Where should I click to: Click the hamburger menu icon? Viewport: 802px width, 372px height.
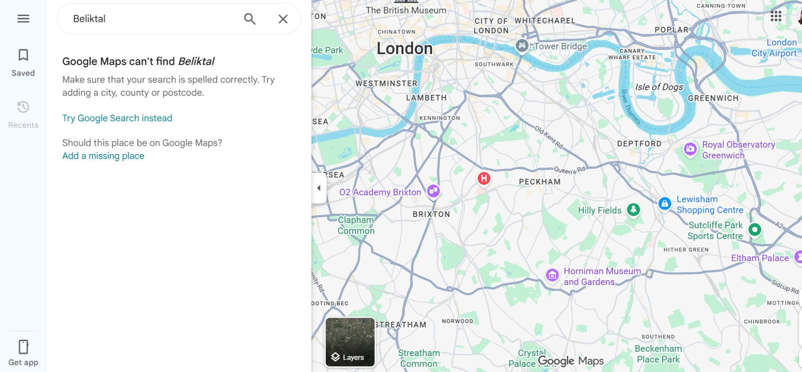click(x=23, y=19)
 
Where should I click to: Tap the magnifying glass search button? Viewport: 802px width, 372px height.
click(x=250, y=19)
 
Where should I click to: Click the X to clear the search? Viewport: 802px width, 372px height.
click(x=283, y=19)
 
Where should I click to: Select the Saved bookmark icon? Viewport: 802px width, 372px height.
click(x=23, y=55)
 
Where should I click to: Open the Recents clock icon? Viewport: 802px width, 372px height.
click(x=23, y=107)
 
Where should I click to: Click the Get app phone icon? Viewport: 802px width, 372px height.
click(x=23, y=347)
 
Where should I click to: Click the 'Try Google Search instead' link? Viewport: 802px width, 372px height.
click(x=117, y=118)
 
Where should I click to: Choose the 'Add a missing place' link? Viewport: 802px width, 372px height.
click(x=103, y=156)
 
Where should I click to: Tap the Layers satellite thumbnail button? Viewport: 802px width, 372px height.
click(x=350, y=342)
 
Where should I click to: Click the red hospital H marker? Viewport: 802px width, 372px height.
click(x=484, y=178)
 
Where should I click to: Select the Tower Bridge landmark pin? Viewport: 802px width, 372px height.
click(x=522, y=45)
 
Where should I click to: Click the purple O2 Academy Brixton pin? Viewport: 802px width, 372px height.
click(x=433, y=191)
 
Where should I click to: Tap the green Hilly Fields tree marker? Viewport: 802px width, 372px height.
click(x=633, y=209)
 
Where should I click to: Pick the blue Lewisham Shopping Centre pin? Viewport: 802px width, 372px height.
click(x=664, y=204)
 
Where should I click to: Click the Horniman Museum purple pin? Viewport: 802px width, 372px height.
click(x=552, y=275)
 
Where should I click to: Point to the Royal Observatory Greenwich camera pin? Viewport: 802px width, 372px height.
click(x=690, y=149)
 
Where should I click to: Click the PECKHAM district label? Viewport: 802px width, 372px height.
click(x=539, y=182)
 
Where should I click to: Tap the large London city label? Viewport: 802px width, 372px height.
click(x=404, y=48)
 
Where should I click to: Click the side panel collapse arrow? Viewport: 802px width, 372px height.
click(x=319, y=188)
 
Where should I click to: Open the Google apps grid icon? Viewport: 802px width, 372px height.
click(x=776, y=16)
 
